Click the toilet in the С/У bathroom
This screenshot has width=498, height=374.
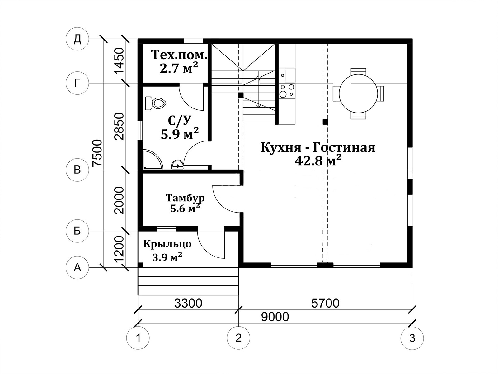tap(155, 103)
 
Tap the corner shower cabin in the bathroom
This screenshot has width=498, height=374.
tap(153, 159)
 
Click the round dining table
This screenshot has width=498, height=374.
tap(358, 93)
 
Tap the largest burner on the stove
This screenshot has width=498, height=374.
tap(283, 94)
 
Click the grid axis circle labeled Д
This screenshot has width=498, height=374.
tap(78, 39)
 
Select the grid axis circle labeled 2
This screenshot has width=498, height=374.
tap(238, 338)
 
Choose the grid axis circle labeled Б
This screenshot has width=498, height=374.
tap(78, 231)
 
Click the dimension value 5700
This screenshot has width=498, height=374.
tap(325, 303)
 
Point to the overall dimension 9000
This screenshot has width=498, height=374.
tap(275, 317)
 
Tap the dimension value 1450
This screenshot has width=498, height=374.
tap(119, 61)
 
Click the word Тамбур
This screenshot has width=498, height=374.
tap(185, 198)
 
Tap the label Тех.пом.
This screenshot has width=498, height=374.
tap(179, 55)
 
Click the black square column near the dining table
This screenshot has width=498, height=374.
tap(325, 122)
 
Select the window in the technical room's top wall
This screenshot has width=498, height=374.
tap(193, 41)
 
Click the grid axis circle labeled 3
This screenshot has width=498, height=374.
tap(412, 338)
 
